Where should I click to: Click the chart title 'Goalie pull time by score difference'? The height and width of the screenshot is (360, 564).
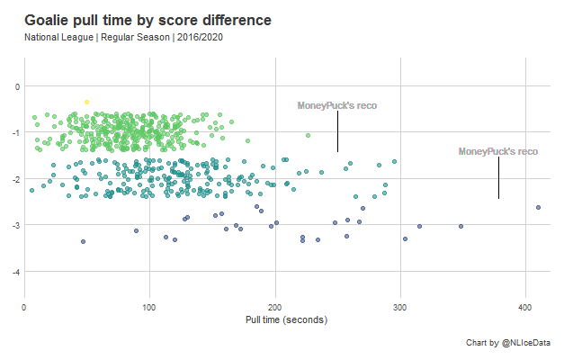click(x=148, y=20)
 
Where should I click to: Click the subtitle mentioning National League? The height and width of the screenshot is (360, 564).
click(x=123, y=38)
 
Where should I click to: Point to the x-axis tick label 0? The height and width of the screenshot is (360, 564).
click(x=24, y=308)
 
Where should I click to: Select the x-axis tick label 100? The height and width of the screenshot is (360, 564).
click(x=149, y=308)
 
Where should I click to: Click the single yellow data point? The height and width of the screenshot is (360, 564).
click(x=86, y=102)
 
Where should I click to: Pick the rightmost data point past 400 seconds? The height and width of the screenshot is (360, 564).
click(x=538, y=207)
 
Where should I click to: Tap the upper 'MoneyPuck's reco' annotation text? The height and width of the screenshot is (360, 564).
click(x=337, y=105)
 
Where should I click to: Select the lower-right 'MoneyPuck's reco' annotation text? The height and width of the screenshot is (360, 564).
click(x=498, y=151)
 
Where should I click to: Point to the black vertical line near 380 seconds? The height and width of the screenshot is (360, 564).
click(x=498, y=178)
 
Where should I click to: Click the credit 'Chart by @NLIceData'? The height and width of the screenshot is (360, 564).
click(x=508, y=343)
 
